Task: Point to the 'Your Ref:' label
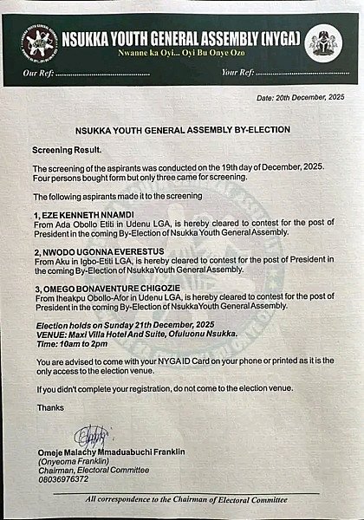click(239, 72)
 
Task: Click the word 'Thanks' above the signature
click(45, 407)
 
